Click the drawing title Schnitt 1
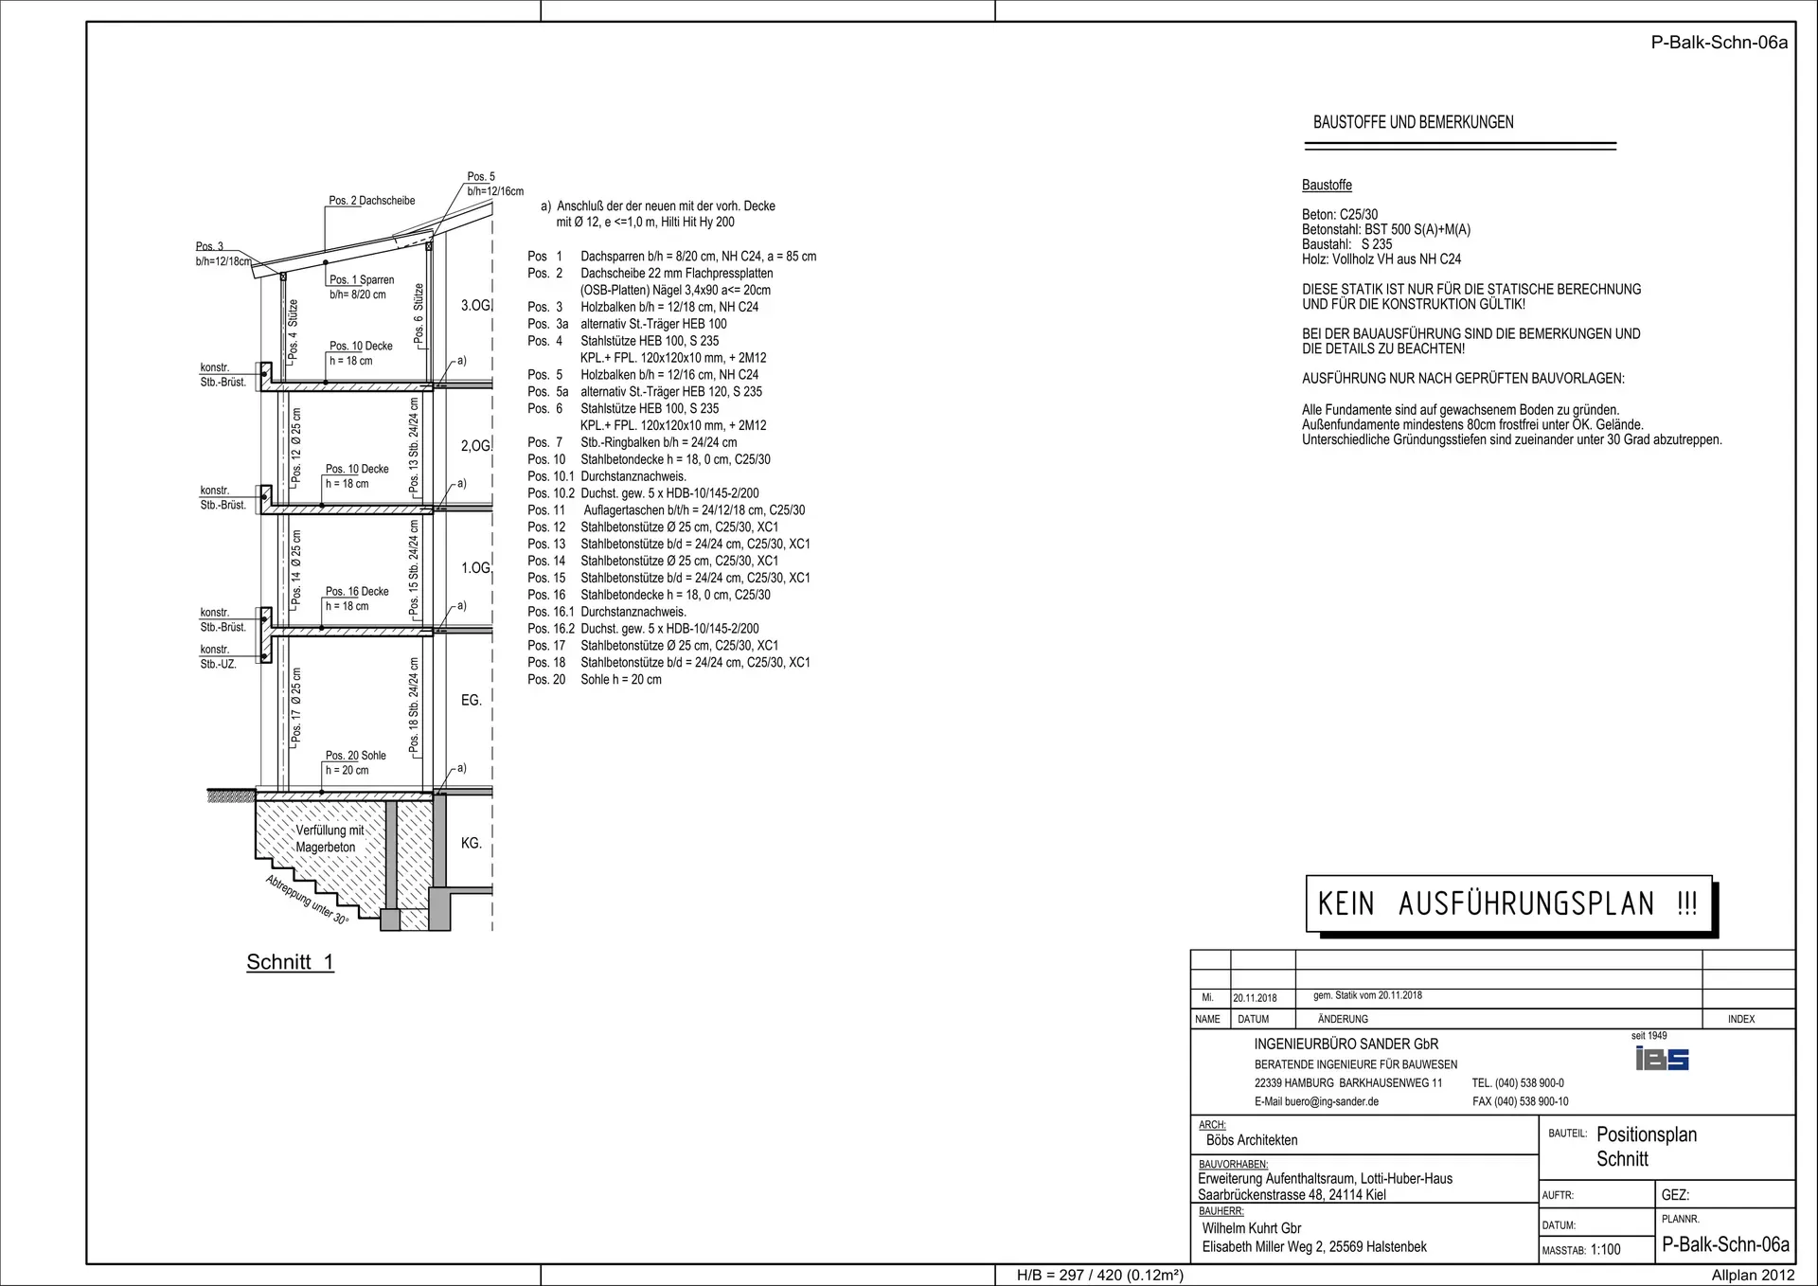(x=290, y=962)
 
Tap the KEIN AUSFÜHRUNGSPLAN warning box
(x=1509, y=903)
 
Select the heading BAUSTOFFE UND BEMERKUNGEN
(x=1413, y=122)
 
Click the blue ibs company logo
(x=1662, y=1059)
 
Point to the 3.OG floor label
(x=475, y=306)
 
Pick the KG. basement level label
(x=472, y=843)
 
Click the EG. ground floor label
(x=472, y=700)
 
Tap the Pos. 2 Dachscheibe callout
(x=372, y=201)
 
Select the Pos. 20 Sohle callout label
(x=356, y=756)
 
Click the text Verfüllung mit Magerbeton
(x=328, y=839)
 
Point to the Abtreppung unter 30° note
(x=307, y=901)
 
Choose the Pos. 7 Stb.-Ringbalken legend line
(x=632, y=442)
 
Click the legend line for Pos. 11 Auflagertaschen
(x=667, y=510)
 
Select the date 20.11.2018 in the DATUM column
(x=1255, y=998)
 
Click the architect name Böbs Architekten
(x=1252, y=1140)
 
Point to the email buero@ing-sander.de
(x=1317, y=1101)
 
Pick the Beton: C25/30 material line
(x=1340, y=215)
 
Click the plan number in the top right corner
(x=1720, y=43)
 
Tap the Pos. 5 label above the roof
(x=481, y=177)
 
